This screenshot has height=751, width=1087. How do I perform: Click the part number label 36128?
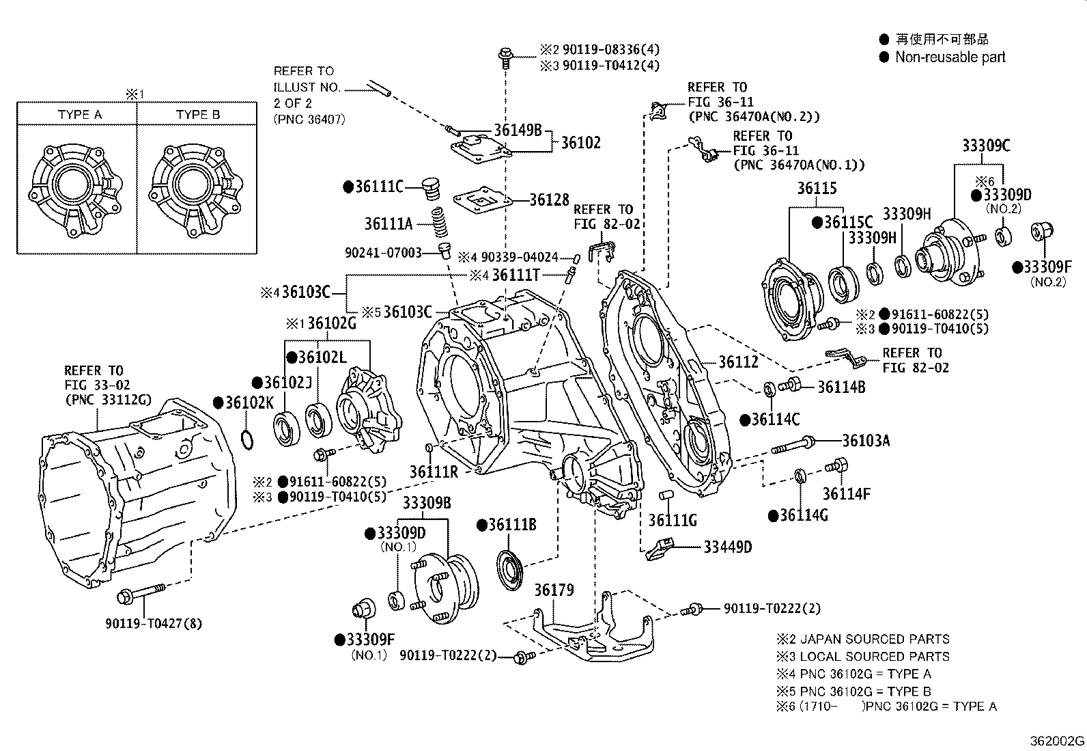[549, 200]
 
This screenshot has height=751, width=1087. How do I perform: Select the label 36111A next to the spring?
[388, 223]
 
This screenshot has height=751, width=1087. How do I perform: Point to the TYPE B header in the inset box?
[198, 115]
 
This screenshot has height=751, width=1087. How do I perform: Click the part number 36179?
[554, 589]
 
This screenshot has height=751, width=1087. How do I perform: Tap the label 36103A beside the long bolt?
[866, 441]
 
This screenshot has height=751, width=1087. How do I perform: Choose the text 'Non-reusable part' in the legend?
[950, 57]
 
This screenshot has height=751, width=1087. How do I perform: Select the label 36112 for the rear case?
[738, 363]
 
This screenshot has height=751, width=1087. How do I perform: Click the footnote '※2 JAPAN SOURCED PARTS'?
[862, 640]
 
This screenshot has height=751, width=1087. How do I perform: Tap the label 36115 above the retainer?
[817, 189]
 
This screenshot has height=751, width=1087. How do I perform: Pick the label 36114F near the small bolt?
[844, 493]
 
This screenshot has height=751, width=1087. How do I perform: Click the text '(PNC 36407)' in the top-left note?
[309, 119]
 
